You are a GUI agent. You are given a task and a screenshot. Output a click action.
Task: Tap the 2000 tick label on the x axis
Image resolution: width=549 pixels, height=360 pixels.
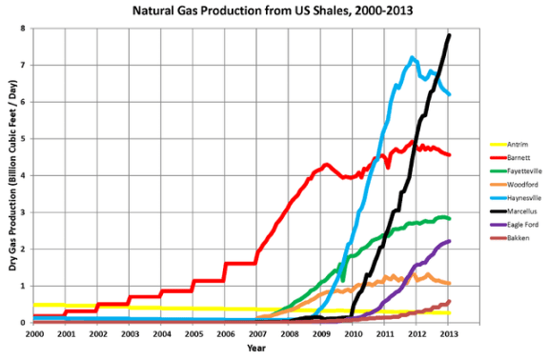tap(33, 334)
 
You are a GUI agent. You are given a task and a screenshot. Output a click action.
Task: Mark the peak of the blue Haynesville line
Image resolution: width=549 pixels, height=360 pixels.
tap(412, 57)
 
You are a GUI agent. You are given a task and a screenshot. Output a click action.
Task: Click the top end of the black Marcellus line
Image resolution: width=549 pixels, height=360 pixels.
tap(449, 35)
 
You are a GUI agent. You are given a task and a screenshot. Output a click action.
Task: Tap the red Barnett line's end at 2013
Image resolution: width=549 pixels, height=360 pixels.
tap(449, 154)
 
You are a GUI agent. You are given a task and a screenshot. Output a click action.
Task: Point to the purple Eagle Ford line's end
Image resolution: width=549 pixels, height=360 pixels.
tap(449, 241)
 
